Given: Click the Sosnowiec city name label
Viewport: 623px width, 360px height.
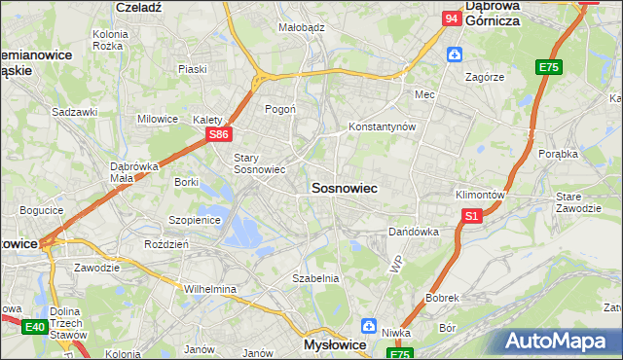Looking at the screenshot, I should point(344,187).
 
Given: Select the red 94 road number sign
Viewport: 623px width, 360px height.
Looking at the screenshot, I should point(451,18).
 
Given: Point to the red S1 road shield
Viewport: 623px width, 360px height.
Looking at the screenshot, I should point(471,216).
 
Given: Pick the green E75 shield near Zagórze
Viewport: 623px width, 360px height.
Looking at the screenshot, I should point(549,67).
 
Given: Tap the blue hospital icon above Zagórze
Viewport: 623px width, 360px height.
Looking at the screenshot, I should point(454,54).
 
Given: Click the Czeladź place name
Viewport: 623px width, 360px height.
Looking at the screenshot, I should point(137,6).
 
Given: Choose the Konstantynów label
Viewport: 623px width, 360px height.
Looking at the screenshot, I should point(383,127).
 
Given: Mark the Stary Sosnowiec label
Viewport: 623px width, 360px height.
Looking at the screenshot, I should point(259,162).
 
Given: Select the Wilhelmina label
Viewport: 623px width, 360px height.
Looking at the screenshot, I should point(210,289).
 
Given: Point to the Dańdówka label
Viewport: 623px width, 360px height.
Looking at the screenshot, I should point(414,233).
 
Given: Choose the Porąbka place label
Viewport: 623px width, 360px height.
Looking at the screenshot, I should point(560,154).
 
